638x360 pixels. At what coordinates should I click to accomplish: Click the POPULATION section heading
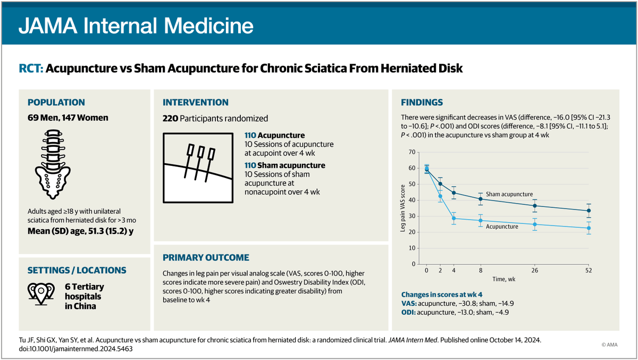coord(56,103)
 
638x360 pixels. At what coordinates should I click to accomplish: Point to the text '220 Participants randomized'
coord(215,118)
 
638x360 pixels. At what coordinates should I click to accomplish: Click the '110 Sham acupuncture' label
coord(285,165)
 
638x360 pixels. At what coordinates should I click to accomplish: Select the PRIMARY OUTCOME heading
coord(206,257)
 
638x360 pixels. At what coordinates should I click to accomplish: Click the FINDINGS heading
coord(422,103)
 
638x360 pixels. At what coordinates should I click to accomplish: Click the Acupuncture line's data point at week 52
coord(589,228)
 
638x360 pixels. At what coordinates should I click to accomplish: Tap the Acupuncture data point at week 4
coord(454,219)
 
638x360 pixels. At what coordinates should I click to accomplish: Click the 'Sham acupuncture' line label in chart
coord(509,195)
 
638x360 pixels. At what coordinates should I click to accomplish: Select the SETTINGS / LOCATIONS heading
coord(77,270)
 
